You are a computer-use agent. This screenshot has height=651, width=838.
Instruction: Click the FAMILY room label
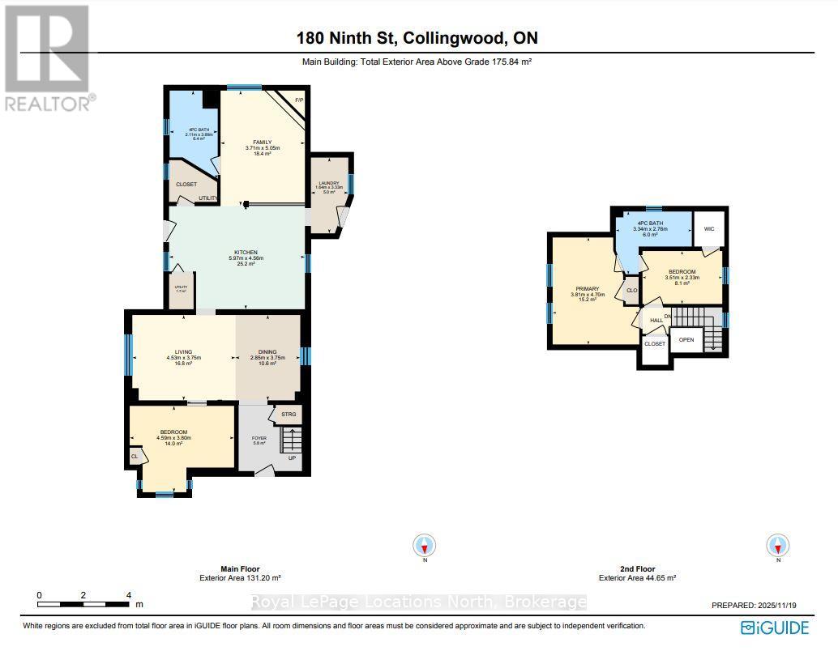pyautogui.click(x=262, y=143)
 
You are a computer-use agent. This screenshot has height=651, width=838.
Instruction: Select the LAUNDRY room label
pyautogui.click(x=328, y=183)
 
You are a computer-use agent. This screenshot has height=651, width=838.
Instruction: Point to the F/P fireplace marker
pyautogui.click(x=298, y=100)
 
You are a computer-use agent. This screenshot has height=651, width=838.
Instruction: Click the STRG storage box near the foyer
pyautogui.click(x=289, y=415)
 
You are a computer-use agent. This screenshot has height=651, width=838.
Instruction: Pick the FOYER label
pyautogui.click(x=259, y=437)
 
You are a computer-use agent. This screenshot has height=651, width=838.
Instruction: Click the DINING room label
pyautogui.click(x=267, y=351)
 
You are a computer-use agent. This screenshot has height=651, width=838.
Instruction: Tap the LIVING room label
pyautogui.click(x=183, y=351)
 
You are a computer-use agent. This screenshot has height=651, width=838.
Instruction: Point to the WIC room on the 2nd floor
pyautogui.click(x=708, y=228)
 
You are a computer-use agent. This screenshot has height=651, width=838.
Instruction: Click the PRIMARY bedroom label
pyautogui.click(x=587, y=288)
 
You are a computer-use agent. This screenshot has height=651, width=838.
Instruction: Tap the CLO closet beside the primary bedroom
pyautogui.click(x=631, y=290)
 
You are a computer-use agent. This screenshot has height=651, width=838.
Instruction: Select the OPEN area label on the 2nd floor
pyautogui.click(x=686, y=339)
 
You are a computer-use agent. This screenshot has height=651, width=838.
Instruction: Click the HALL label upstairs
pyautogui.click(x=656, y=320)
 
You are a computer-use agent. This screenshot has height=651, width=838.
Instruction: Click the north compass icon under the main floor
pyautogui.click(x=424, y=545)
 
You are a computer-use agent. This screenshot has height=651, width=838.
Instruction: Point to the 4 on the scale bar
pyautogui.click(x=129, y=595)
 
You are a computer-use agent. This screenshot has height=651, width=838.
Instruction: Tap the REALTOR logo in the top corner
pyautogui.click(x=47, y=57)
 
